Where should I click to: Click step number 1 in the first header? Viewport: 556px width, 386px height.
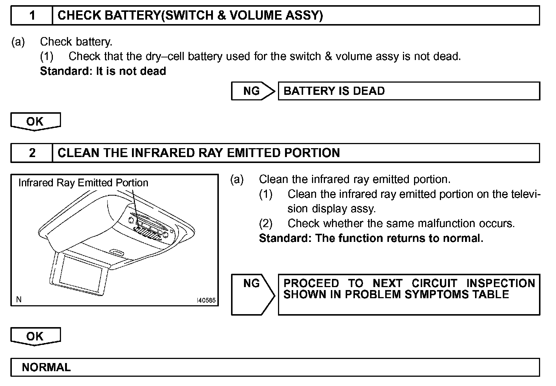(x=32, y=16)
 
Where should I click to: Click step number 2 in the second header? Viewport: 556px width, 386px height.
(x=32, y=153)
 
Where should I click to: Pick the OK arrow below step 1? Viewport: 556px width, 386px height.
(x=35, y=122)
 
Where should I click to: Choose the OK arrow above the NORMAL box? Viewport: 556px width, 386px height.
(x=35, y=336)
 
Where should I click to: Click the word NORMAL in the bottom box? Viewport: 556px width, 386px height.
(x=46, y=367)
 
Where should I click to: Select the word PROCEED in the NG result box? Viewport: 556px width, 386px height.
(x=311, y=283)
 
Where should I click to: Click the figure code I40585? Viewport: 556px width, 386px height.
(x=206, y=300)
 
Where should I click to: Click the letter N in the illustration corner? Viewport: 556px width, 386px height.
(x=19, y=300)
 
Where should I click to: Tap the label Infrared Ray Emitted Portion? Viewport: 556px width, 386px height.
(x=83, y=183)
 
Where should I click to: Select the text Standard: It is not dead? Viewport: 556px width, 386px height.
(x=103, y=71)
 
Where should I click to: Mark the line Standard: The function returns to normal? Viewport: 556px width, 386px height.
(x=371, y=238)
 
